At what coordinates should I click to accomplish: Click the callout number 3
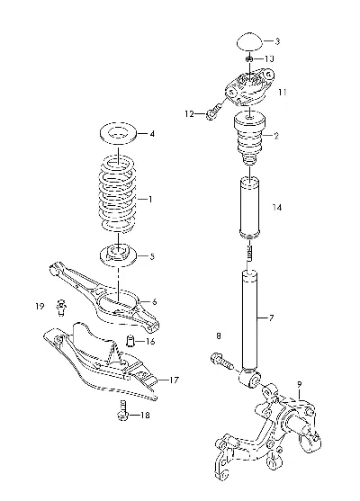(x=277, y=41)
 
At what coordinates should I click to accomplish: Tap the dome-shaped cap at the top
(x=249, y=42)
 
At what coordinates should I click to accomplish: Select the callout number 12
(x=190, y=113)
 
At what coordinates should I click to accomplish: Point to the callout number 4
(x=152, y=134)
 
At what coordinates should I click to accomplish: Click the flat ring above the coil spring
(x=118, y=133)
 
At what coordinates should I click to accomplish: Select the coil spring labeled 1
(x=118, y=194)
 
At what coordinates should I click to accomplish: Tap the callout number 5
(x=152, y=256)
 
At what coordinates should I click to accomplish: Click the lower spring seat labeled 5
(x=118, y=256)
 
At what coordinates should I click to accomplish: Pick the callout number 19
(x=40, y=307)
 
